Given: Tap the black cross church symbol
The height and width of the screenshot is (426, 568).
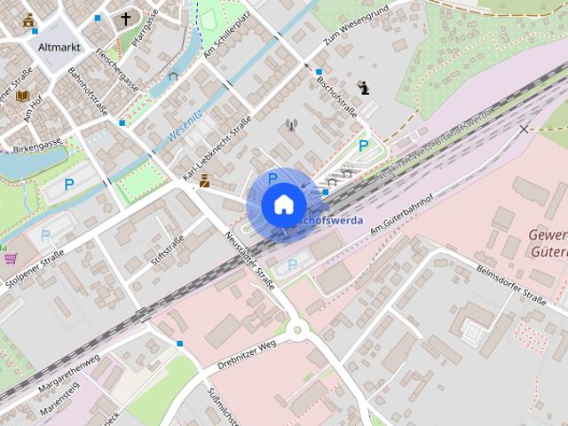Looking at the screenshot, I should coord(125,18).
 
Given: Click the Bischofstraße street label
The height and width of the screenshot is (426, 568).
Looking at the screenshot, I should coord(336,98).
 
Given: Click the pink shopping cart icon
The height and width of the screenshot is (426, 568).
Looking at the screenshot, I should coord(11,258).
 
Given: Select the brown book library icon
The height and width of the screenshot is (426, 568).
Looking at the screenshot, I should coord(22,95).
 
